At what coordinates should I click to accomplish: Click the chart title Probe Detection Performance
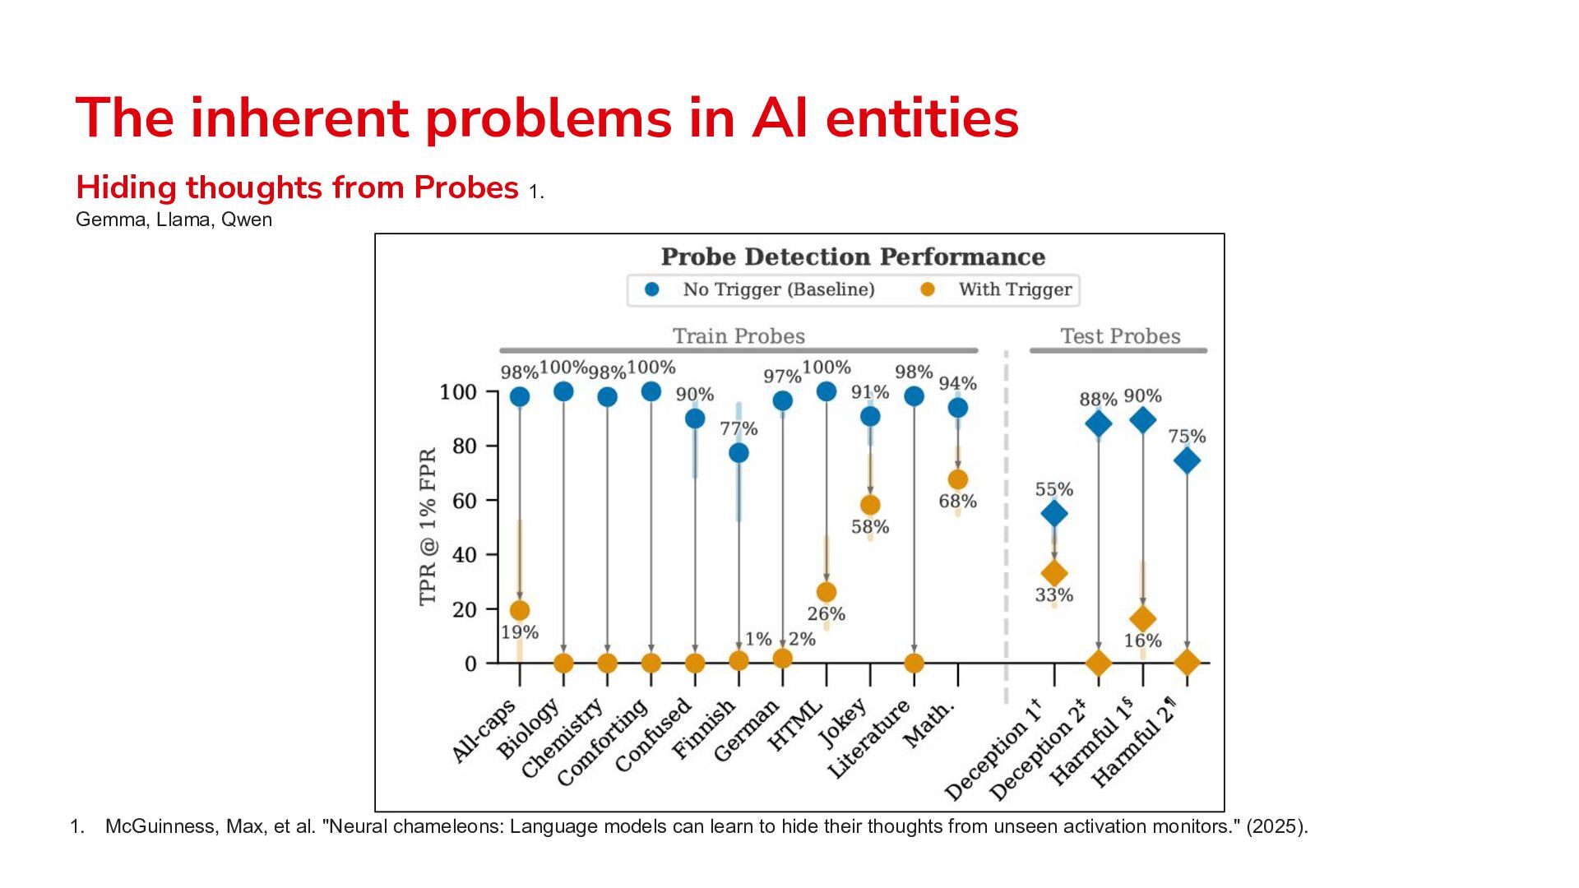coord(853,257)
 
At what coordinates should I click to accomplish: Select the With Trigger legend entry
coord(996,289)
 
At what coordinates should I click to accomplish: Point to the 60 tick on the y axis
coord(465,501)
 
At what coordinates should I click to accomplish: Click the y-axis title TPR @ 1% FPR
coord(428,527)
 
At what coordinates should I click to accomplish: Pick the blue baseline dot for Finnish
coord(739,453)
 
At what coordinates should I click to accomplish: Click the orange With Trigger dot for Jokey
coord(870,505)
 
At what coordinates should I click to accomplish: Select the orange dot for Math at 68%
coord(958,479)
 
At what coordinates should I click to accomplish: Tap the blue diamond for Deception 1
coord(1054,514)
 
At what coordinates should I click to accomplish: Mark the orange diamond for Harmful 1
coord(1142,619)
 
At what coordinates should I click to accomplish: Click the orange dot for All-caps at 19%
coord(520,610)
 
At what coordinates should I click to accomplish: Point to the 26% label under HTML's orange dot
coord(827,614)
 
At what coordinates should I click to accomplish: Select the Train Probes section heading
coord(739,336)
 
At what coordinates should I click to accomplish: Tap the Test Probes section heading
coord(1120,336)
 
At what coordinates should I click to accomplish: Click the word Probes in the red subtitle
coord(466,187)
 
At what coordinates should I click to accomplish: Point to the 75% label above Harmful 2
coord(1187,436)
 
